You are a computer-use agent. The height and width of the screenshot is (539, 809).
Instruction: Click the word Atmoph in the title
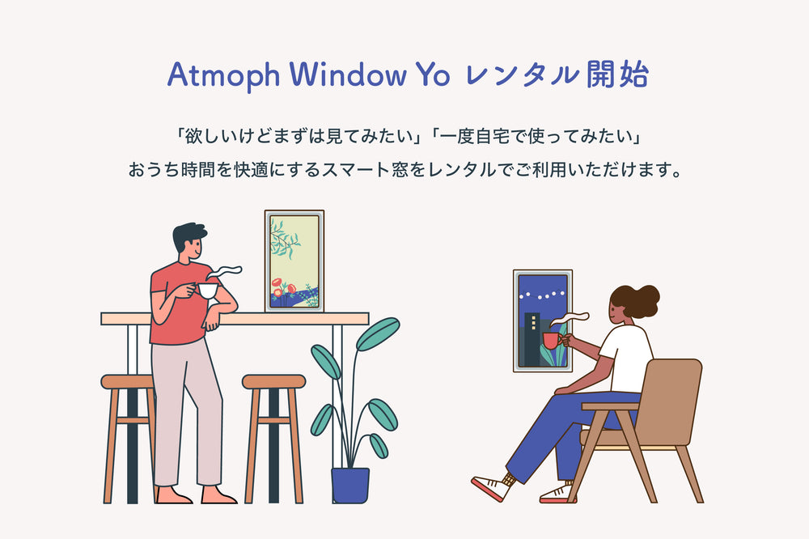coord(224,75)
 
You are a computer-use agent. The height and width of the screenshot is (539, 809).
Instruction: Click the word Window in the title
coord(348,74)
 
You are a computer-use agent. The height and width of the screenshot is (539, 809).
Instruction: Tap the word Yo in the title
coord(433,74)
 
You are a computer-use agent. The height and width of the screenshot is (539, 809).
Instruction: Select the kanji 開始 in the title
coord(617,74)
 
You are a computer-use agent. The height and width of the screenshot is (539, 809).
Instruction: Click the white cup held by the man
coord(207,291)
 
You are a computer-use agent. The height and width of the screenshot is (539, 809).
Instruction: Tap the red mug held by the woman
coord(551,341)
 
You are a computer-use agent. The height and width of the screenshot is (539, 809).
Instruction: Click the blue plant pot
coord(350,485)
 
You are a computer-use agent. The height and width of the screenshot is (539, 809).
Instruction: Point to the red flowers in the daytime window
coord(283,286)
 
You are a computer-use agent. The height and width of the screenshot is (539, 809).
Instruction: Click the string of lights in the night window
coord(542,295)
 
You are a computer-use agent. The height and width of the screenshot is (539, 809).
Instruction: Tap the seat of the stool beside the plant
coord(274,381)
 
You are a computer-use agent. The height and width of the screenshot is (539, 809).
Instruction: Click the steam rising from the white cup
coord(225,272)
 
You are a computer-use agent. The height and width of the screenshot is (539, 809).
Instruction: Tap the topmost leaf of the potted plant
coord(378,333)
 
